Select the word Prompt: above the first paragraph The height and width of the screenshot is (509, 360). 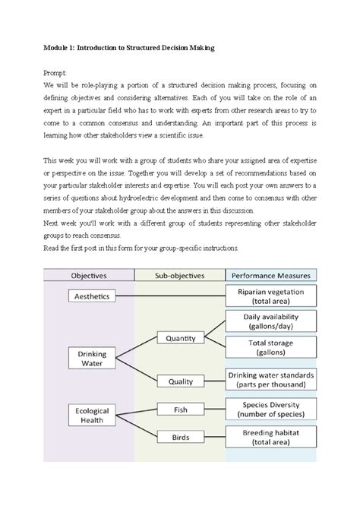(55, 72)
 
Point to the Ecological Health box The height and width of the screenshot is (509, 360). (93, 416)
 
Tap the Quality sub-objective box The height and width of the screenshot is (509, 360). (180, 382)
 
